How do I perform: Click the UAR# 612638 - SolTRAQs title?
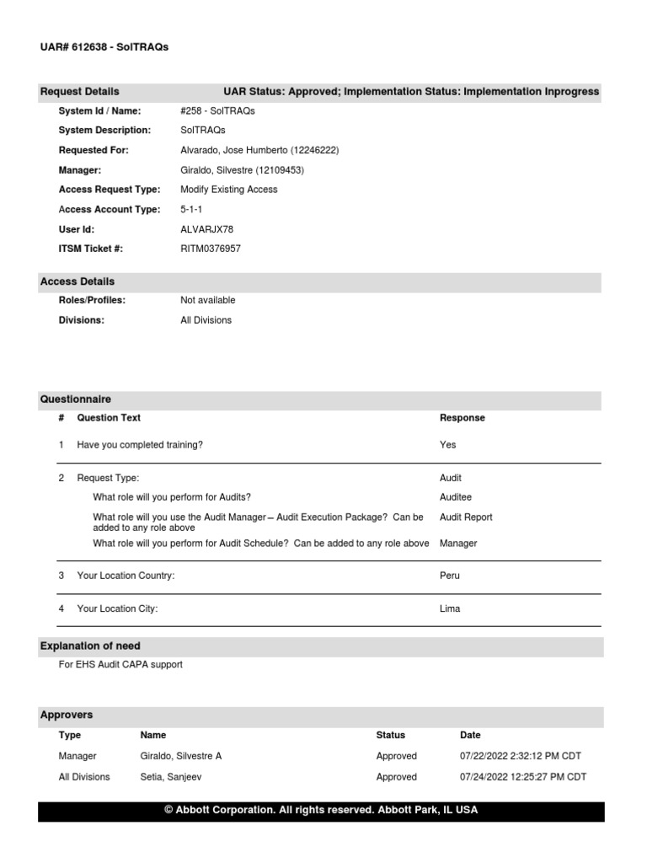tap(104, 47)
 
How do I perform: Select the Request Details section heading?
tap(80, 91)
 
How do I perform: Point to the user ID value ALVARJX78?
tap(207, 229)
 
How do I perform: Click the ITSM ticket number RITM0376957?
tap(211, 249)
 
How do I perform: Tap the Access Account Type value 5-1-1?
tap(191, 209)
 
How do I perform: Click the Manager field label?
tap(80, 170)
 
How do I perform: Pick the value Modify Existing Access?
tap(228, 190)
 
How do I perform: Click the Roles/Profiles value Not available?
tap(208, 300)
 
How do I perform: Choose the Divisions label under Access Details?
tap(82, 320)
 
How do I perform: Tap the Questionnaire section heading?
tap(76, 399)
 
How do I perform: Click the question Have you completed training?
tap(140, 445)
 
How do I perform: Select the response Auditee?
tap(457, 497)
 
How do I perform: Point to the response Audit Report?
tap(466, 517)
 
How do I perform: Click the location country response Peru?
tap(450, 576)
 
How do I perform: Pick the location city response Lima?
tap(450, 608)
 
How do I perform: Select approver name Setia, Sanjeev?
tap(171, 777)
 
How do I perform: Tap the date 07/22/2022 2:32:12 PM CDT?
tap(521, 756)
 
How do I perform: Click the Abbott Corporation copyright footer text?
tap(321, 810)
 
